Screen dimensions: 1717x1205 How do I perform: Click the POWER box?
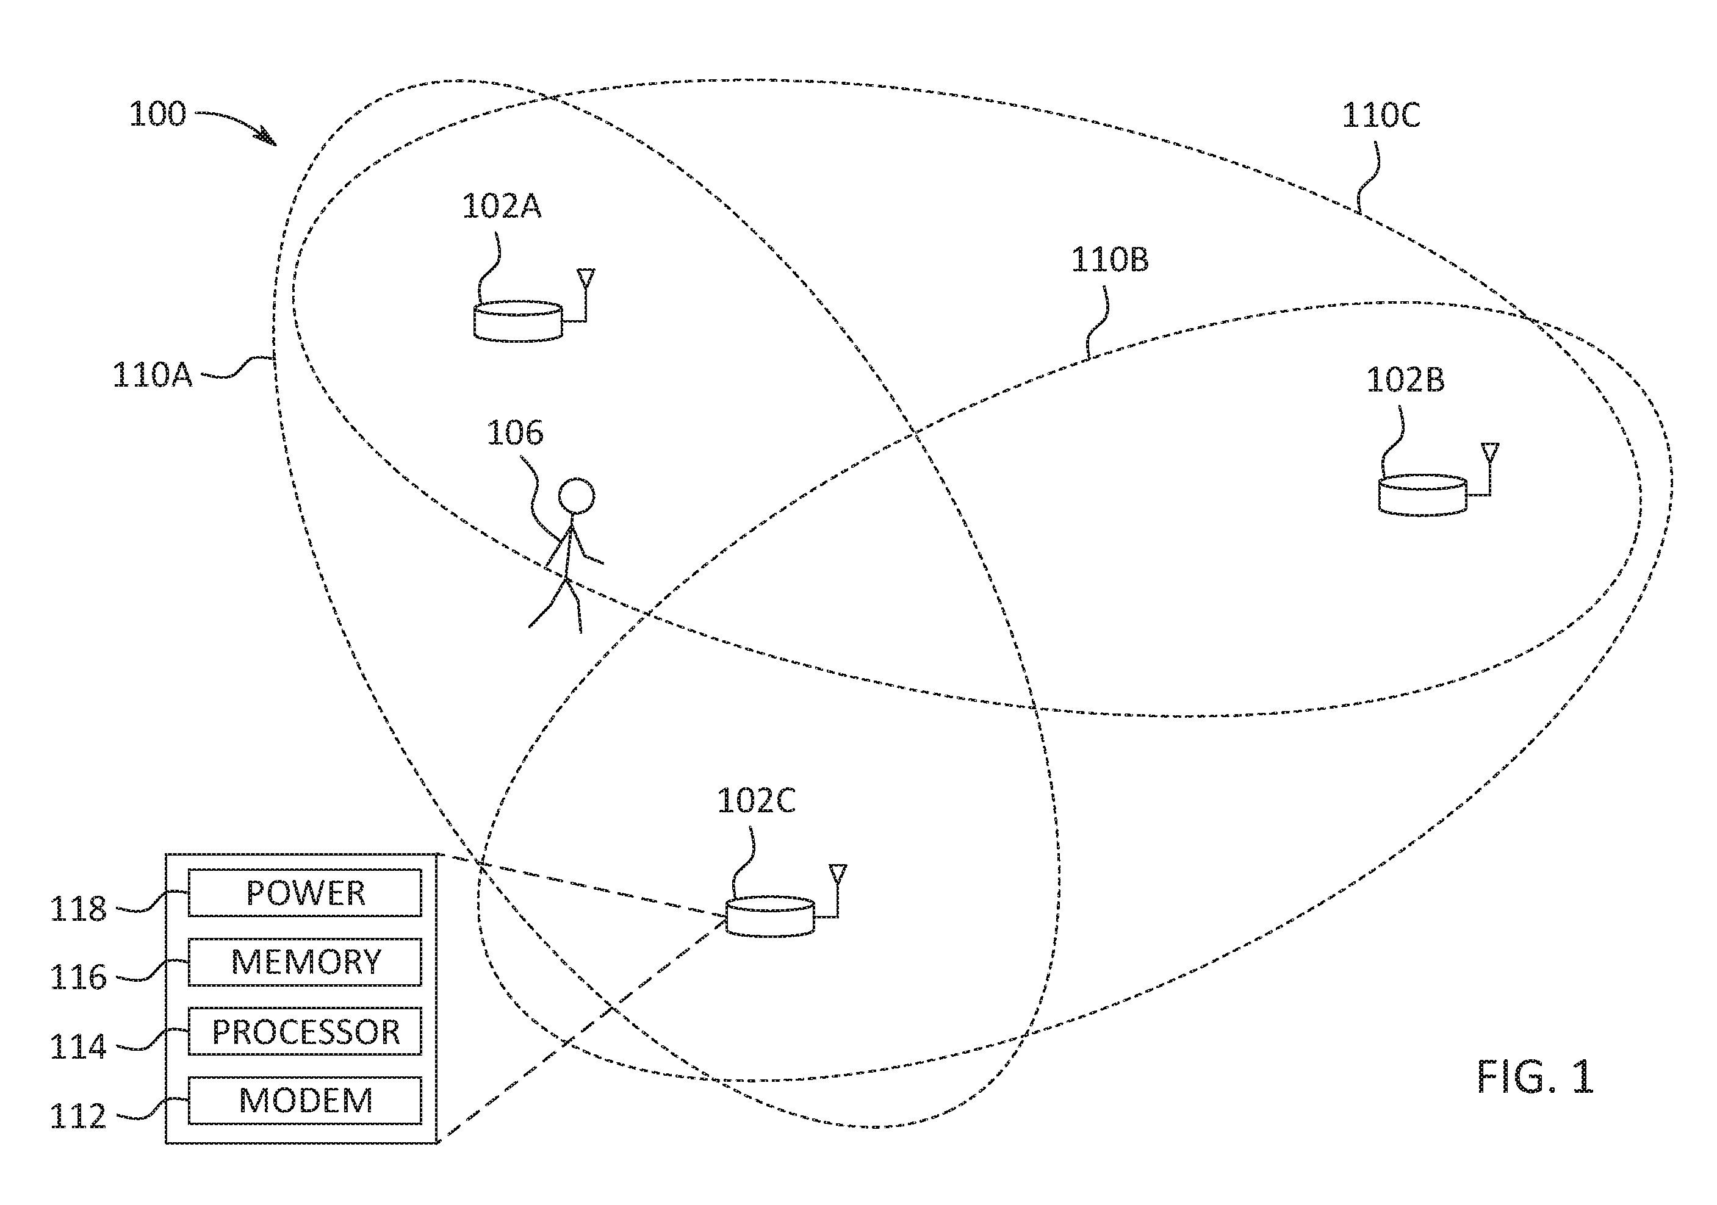coord(304,893)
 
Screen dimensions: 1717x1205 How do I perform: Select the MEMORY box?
coord(304,962)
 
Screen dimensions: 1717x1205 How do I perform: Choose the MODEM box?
coord(304,1100)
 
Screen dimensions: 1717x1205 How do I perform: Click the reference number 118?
coord(77,910)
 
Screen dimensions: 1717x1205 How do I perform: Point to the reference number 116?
coord(77,978)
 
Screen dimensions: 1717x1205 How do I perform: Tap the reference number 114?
coord(77,1047)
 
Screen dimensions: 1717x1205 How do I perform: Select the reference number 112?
coord(77,1117)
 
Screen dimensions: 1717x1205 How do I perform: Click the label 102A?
coord(501,206)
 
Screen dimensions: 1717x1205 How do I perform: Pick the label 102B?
coord(1405,380)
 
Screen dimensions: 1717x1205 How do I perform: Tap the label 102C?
coord(756,801)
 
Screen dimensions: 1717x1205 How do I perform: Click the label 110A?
coord(152,374)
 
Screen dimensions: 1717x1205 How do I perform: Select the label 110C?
coord(1380,115)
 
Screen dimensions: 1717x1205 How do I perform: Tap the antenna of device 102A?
coord(586,295)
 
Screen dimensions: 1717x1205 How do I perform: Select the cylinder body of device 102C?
coord(769,916)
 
